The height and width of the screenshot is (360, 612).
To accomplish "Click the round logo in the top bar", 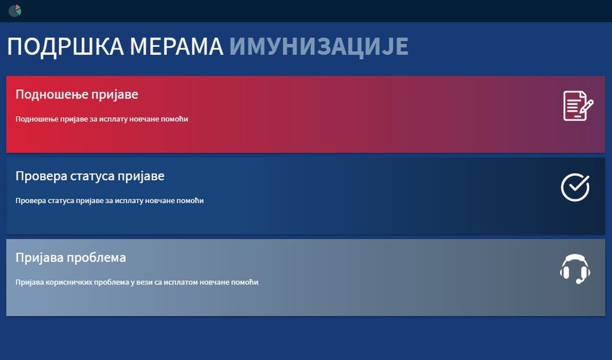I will click(x=14, y=11).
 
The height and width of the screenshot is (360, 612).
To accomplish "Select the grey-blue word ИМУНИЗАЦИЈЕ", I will click(x=319, y=46).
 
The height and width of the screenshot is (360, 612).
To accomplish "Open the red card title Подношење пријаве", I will click(x=77, y=94).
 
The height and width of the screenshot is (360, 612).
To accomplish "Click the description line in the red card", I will click(x=102, y=119).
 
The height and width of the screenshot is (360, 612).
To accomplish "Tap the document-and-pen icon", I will click(x=577, y=106).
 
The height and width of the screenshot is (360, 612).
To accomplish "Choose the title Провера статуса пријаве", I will click(x=90, y=176).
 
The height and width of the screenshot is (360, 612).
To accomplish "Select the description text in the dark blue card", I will click(x=109, y=200).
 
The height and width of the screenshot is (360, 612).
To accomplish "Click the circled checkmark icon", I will click(x=575, y=187).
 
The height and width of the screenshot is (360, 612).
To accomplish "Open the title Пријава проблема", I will click(x=71, y=258).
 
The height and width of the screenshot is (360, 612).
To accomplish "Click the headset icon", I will click(x=575, y=269).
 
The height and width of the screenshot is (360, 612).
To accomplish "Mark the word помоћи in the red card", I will click(x=176, y=119).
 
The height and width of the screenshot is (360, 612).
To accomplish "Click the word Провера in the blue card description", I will click(x=30, y=200).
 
